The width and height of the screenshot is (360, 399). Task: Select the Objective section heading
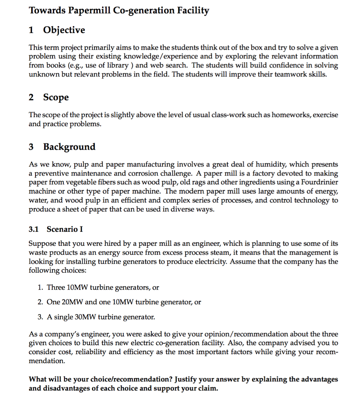tap(64, 30)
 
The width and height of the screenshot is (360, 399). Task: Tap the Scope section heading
tap(56, 97)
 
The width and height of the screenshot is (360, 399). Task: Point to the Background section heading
tap(69, 147)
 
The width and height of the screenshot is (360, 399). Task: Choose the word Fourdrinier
tap(318, 182)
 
